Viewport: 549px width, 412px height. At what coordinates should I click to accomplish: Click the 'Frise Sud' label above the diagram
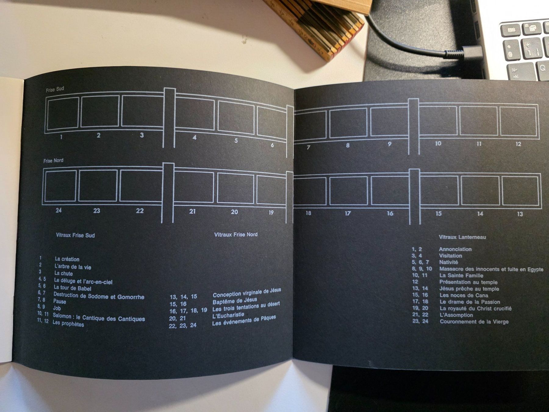[x=55, y=89]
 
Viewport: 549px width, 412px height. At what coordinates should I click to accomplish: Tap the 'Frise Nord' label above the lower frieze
[x=53, y=161]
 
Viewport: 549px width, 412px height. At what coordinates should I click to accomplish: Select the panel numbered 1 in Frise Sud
[x=62, y=113]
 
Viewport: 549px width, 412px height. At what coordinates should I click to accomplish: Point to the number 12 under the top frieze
[x=518, y=144]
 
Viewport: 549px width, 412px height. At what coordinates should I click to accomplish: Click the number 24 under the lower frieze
[x=59, y=210]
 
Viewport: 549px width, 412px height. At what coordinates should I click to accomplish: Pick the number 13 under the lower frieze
[x=520, y=214]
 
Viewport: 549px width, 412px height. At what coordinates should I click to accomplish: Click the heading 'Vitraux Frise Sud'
[x=75, y=235]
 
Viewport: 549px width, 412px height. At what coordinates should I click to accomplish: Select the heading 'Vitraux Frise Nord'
[x=236, y=234]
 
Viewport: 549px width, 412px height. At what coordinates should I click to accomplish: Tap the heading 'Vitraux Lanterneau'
[x=462, y=237]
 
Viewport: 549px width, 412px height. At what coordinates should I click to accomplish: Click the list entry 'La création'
[x=67, y=259]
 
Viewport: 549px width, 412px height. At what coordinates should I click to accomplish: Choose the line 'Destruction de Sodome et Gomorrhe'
[x=99, y=296]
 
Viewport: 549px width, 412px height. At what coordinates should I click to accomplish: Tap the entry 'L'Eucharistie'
[x=228, y=315]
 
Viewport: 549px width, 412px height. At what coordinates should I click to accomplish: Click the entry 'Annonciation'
[x=455, y=249]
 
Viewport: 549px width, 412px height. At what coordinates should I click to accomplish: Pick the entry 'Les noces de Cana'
[x=464, y=295]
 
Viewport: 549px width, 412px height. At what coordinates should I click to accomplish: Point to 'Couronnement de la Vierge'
[x=474, y=321]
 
